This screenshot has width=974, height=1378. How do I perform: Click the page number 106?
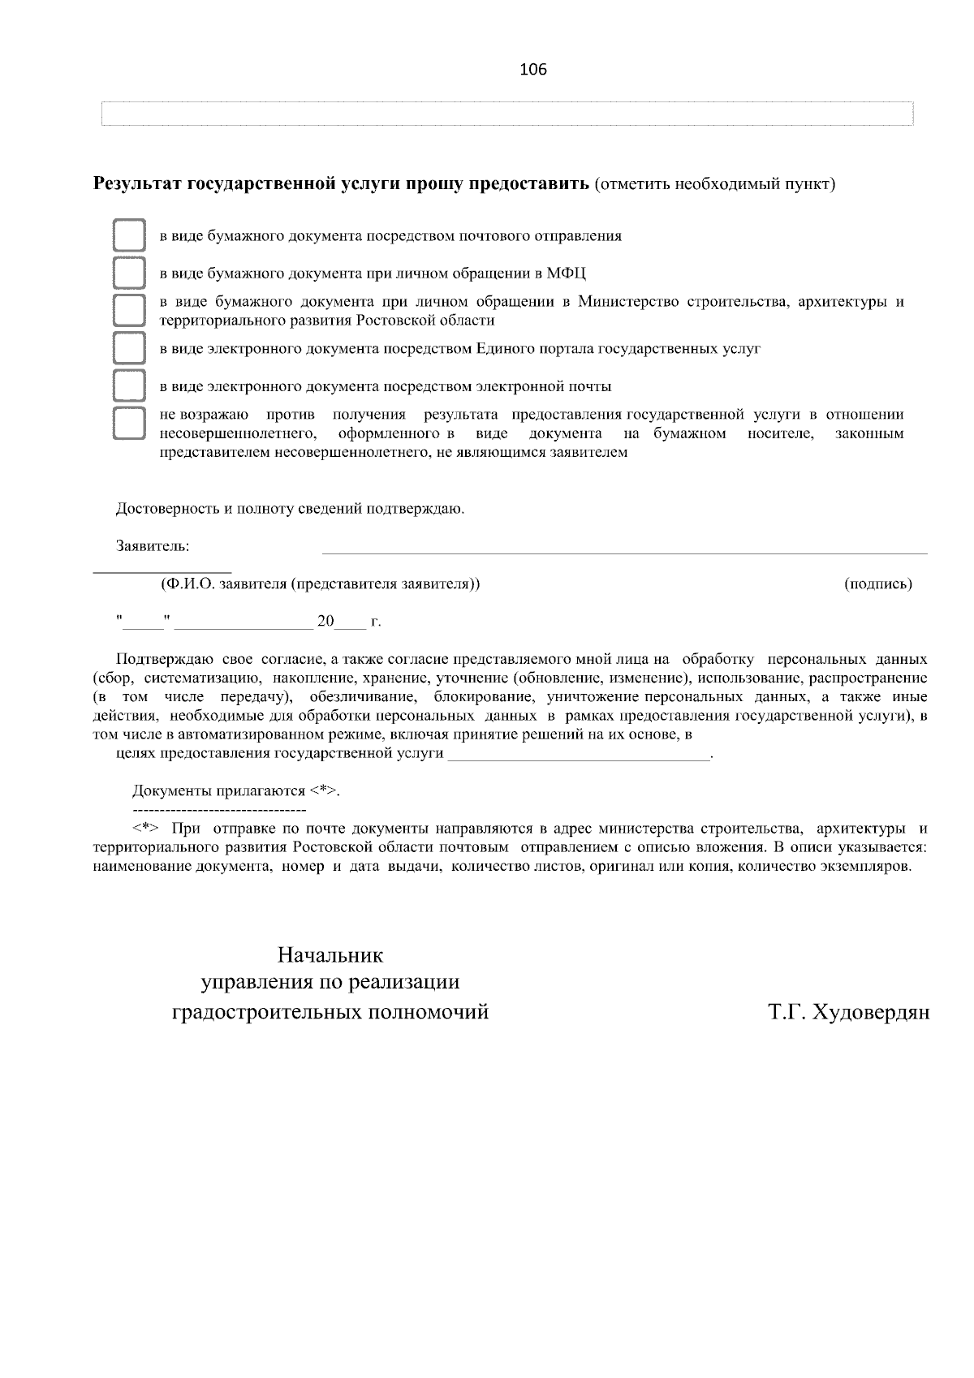(x=532, y=70)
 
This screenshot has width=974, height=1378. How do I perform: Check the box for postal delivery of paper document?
(x=128, y=236)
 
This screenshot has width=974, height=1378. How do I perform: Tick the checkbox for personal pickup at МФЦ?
(x=128, y=273)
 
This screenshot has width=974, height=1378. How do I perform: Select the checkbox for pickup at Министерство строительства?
(x=128, y=311)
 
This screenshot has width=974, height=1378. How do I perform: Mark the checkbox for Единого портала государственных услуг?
(x=128, y=349)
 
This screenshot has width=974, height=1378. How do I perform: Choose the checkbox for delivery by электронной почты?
(x=128, y=386)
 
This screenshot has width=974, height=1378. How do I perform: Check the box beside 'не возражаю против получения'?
(x=128, y=424)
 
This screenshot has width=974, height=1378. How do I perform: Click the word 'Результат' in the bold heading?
(x=138, y=183)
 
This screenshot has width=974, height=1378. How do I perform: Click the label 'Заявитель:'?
(x=153, y=546)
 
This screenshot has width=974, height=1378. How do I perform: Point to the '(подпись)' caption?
(x=878, y=583)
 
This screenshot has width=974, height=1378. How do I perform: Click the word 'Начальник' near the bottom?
(x=330, y=955)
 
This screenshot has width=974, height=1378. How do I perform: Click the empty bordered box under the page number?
(x=506, y=114)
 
